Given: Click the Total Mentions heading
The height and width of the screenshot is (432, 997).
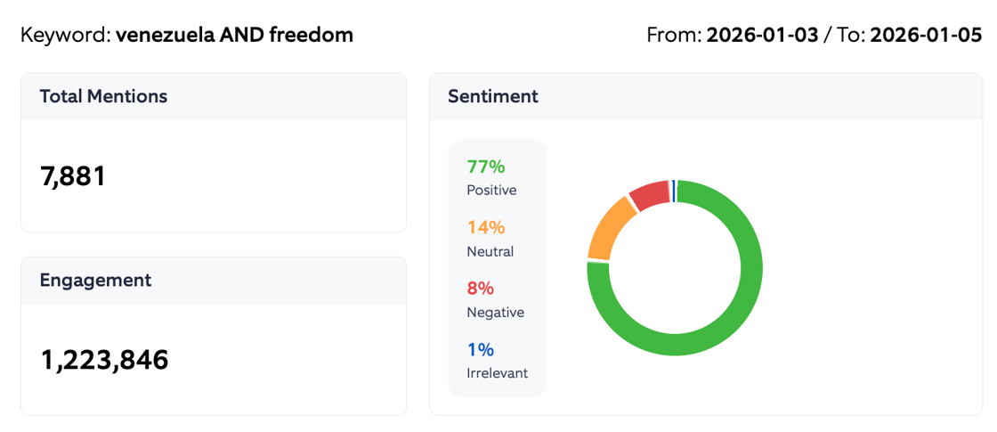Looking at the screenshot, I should (103, 96).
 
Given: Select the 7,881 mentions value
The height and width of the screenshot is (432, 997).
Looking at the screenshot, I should (73, 176).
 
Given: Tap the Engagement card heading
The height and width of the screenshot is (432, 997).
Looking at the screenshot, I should (95, 280).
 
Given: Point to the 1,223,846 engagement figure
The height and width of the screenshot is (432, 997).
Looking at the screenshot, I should (104, 360).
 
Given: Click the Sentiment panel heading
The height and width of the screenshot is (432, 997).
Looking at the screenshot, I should (492, 96).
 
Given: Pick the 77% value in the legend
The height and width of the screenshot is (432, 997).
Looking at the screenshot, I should (485, 167).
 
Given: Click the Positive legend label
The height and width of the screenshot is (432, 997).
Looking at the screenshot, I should (491, 190).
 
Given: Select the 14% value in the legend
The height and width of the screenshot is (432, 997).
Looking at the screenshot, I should (485, 227).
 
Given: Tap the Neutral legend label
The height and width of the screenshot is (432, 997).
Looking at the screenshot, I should (490, 251).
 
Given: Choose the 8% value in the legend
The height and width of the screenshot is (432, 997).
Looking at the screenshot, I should (480, 289).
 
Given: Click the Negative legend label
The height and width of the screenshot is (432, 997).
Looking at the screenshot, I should (495, 312).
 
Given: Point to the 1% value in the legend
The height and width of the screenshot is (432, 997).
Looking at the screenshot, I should (480, 349).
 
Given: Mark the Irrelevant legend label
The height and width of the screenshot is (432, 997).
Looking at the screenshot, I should (497, 373).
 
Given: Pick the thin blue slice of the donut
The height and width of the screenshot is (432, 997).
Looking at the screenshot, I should (674, 191).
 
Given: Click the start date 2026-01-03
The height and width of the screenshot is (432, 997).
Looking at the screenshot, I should (762, 36).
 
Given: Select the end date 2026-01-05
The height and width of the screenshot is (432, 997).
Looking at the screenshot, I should (926, 36).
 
